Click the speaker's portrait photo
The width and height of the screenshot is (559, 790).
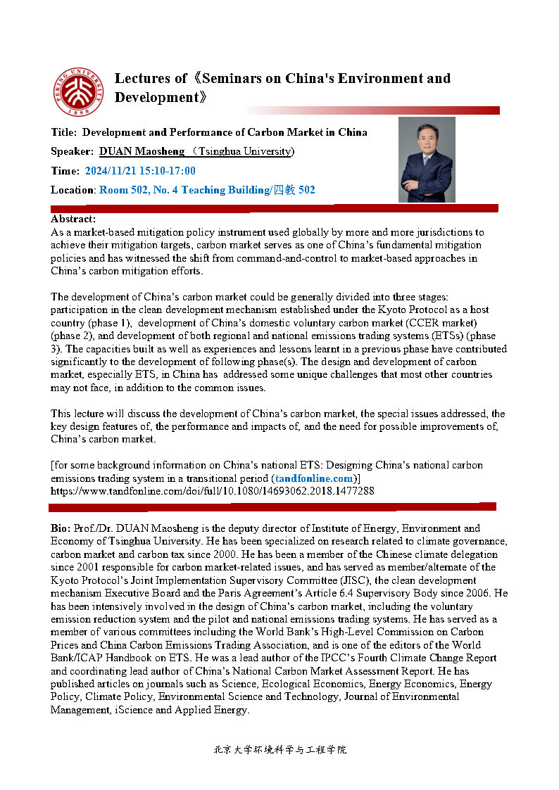click(x=427, y=160)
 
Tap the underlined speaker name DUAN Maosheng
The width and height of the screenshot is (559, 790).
click(x=142, y=151)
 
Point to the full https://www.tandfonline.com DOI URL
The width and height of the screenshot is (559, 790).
click(x=212, y=491)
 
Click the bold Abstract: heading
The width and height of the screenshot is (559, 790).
click(x=73, y=219)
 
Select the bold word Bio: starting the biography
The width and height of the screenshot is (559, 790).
click(x=61, y=528)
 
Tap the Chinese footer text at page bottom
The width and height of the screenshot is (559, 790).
click(x=279, y=750)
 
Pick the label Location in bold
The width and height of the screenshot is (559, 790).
click(x=73, y=190)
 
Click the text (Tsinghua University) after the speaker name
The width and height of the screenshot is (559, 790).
click(x=244, y=151)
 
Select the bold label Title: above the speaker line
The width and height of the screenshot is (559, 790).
click(x=65, y=132)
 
